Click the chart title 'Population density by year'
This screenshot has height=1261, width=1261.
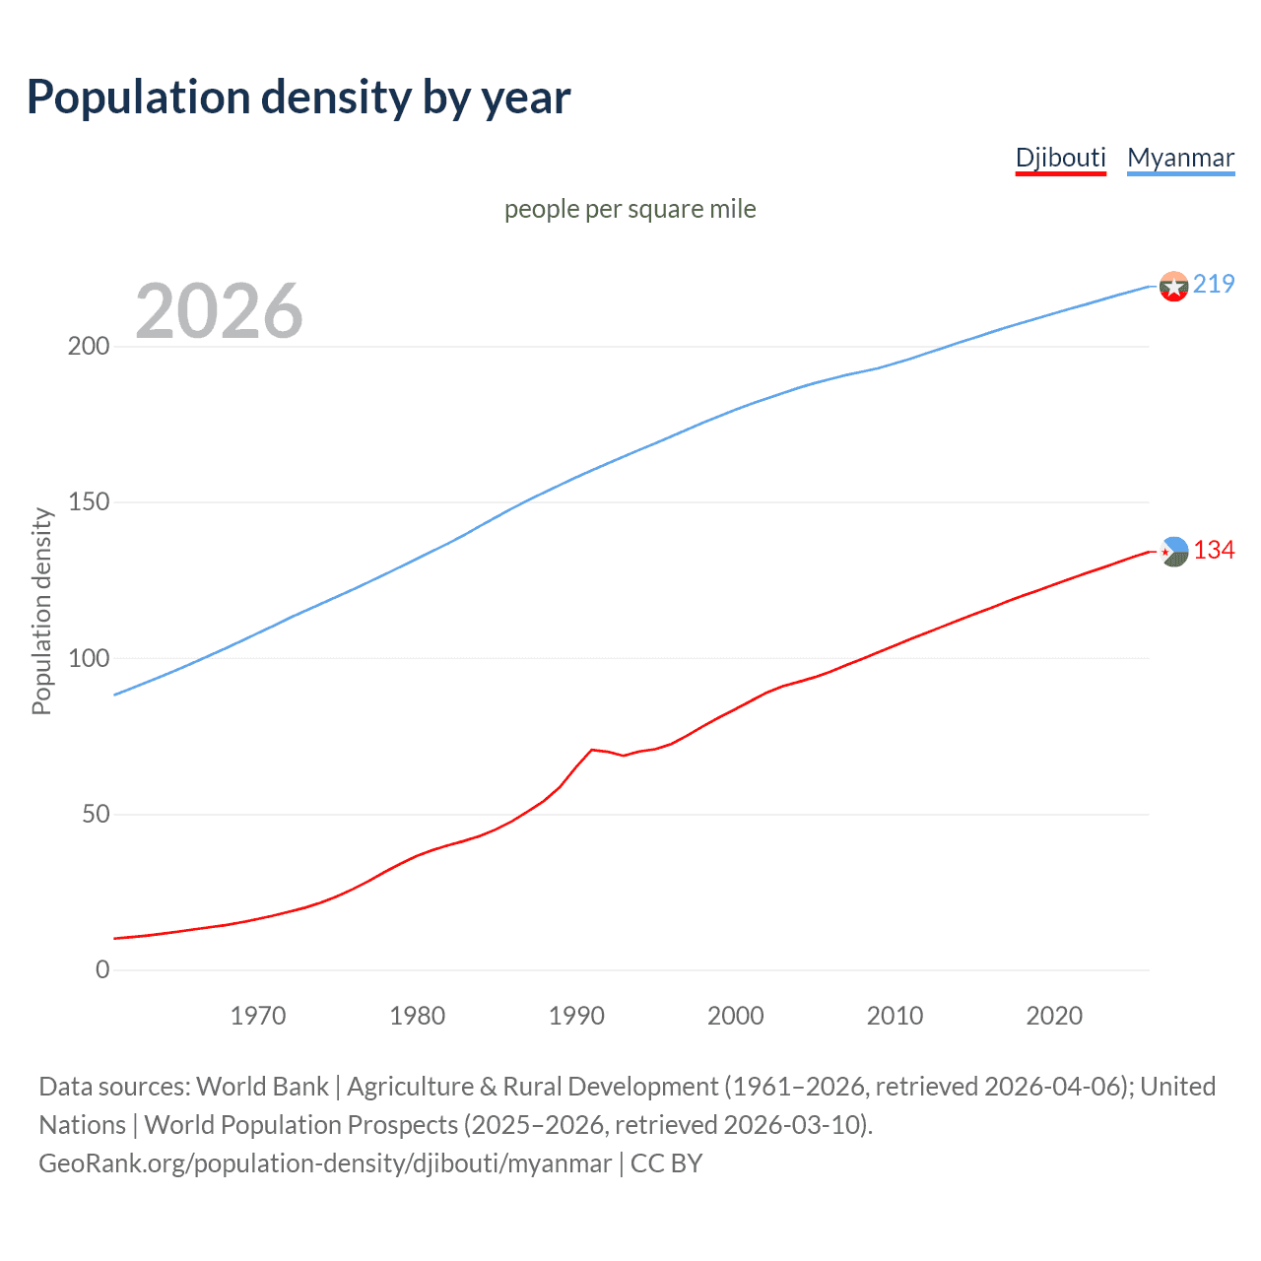(299, 98)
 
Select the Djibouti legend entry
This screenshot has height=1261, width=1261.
(1060, 158)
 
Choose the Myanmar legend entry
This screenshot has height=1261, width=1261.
(1180, 158)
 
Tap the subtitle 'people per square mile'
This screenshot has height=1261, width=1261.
(630, 209)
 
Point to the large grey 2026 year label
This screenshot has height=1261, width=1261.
(219, 311)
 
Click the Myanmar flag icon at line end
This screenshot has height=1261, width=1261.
(1173, 286)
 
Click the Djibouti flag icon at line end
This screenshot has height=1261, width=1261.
(1173, 552)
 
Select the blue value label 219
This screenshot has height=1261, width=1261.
(1214, 284)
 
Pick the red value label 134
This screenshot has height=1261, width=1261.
(1214, 550)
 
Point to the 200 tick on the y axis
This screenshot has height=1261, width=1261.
(89, 347)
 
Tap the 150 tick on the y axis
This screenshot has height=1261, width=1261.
(89, 502)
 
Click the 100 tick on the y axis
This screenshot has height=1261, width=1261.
(89, 658)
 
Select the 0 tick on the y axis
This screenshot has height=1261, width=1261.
(102, 970)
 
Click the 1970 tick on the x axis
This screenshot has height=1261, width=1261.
(258, 1016)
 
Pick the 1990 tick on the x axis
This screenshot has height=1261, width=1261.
(576, 1016)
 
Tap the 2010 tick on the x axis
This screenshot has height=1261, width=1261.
(895, 1016)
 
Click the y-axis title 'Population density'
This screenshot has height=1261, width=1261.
(41, 611)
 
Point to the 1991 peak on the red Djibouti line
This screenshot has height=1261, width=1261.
(592, 750)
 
